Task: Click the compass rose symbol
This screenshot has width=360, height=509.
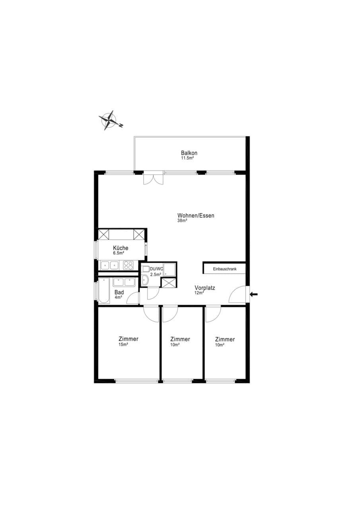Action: point(109,120)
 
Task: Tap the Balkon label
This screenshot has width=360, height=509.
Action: point(189,153)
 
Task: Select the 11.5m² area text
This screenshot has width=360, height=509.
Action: point(187,158)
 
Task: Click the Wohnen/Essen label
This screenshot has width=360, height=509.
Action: point(196,216)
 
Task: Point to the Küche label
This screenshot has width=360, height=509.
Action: point(121,248)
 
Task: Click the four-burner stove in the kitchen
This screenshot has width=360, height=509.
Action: point(128,265)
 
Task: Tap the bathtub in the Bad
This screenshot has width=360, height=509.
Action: point(104,291)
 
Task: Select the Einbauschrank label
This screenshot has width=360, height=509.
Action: point(224,269)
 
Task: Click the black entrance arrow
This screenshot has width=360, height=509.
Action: point(254,295)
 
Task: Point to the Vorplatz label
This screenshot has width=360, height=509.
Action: point(205,288)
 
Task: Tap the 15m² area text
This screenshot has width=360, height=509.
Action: point(123,345)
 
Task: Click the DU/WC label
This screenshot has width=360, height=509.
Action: point(156,269)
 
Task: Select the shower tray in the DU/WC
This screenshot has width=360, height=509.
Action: point(169,270)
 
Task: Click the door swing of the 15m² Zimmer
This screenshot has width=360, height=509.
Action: point(151,314)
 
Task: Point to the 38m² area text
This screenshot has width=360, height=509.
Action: point(182,220)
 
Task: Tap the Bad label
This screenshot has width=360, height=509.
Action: point(119,292)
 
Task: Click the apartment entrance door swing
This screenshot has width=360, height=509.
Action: point(237,295)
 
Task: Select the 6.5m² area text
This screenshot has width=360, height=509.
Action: point(119,253)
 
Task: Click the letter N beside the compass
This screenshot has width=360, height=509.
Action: point(121,125)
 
